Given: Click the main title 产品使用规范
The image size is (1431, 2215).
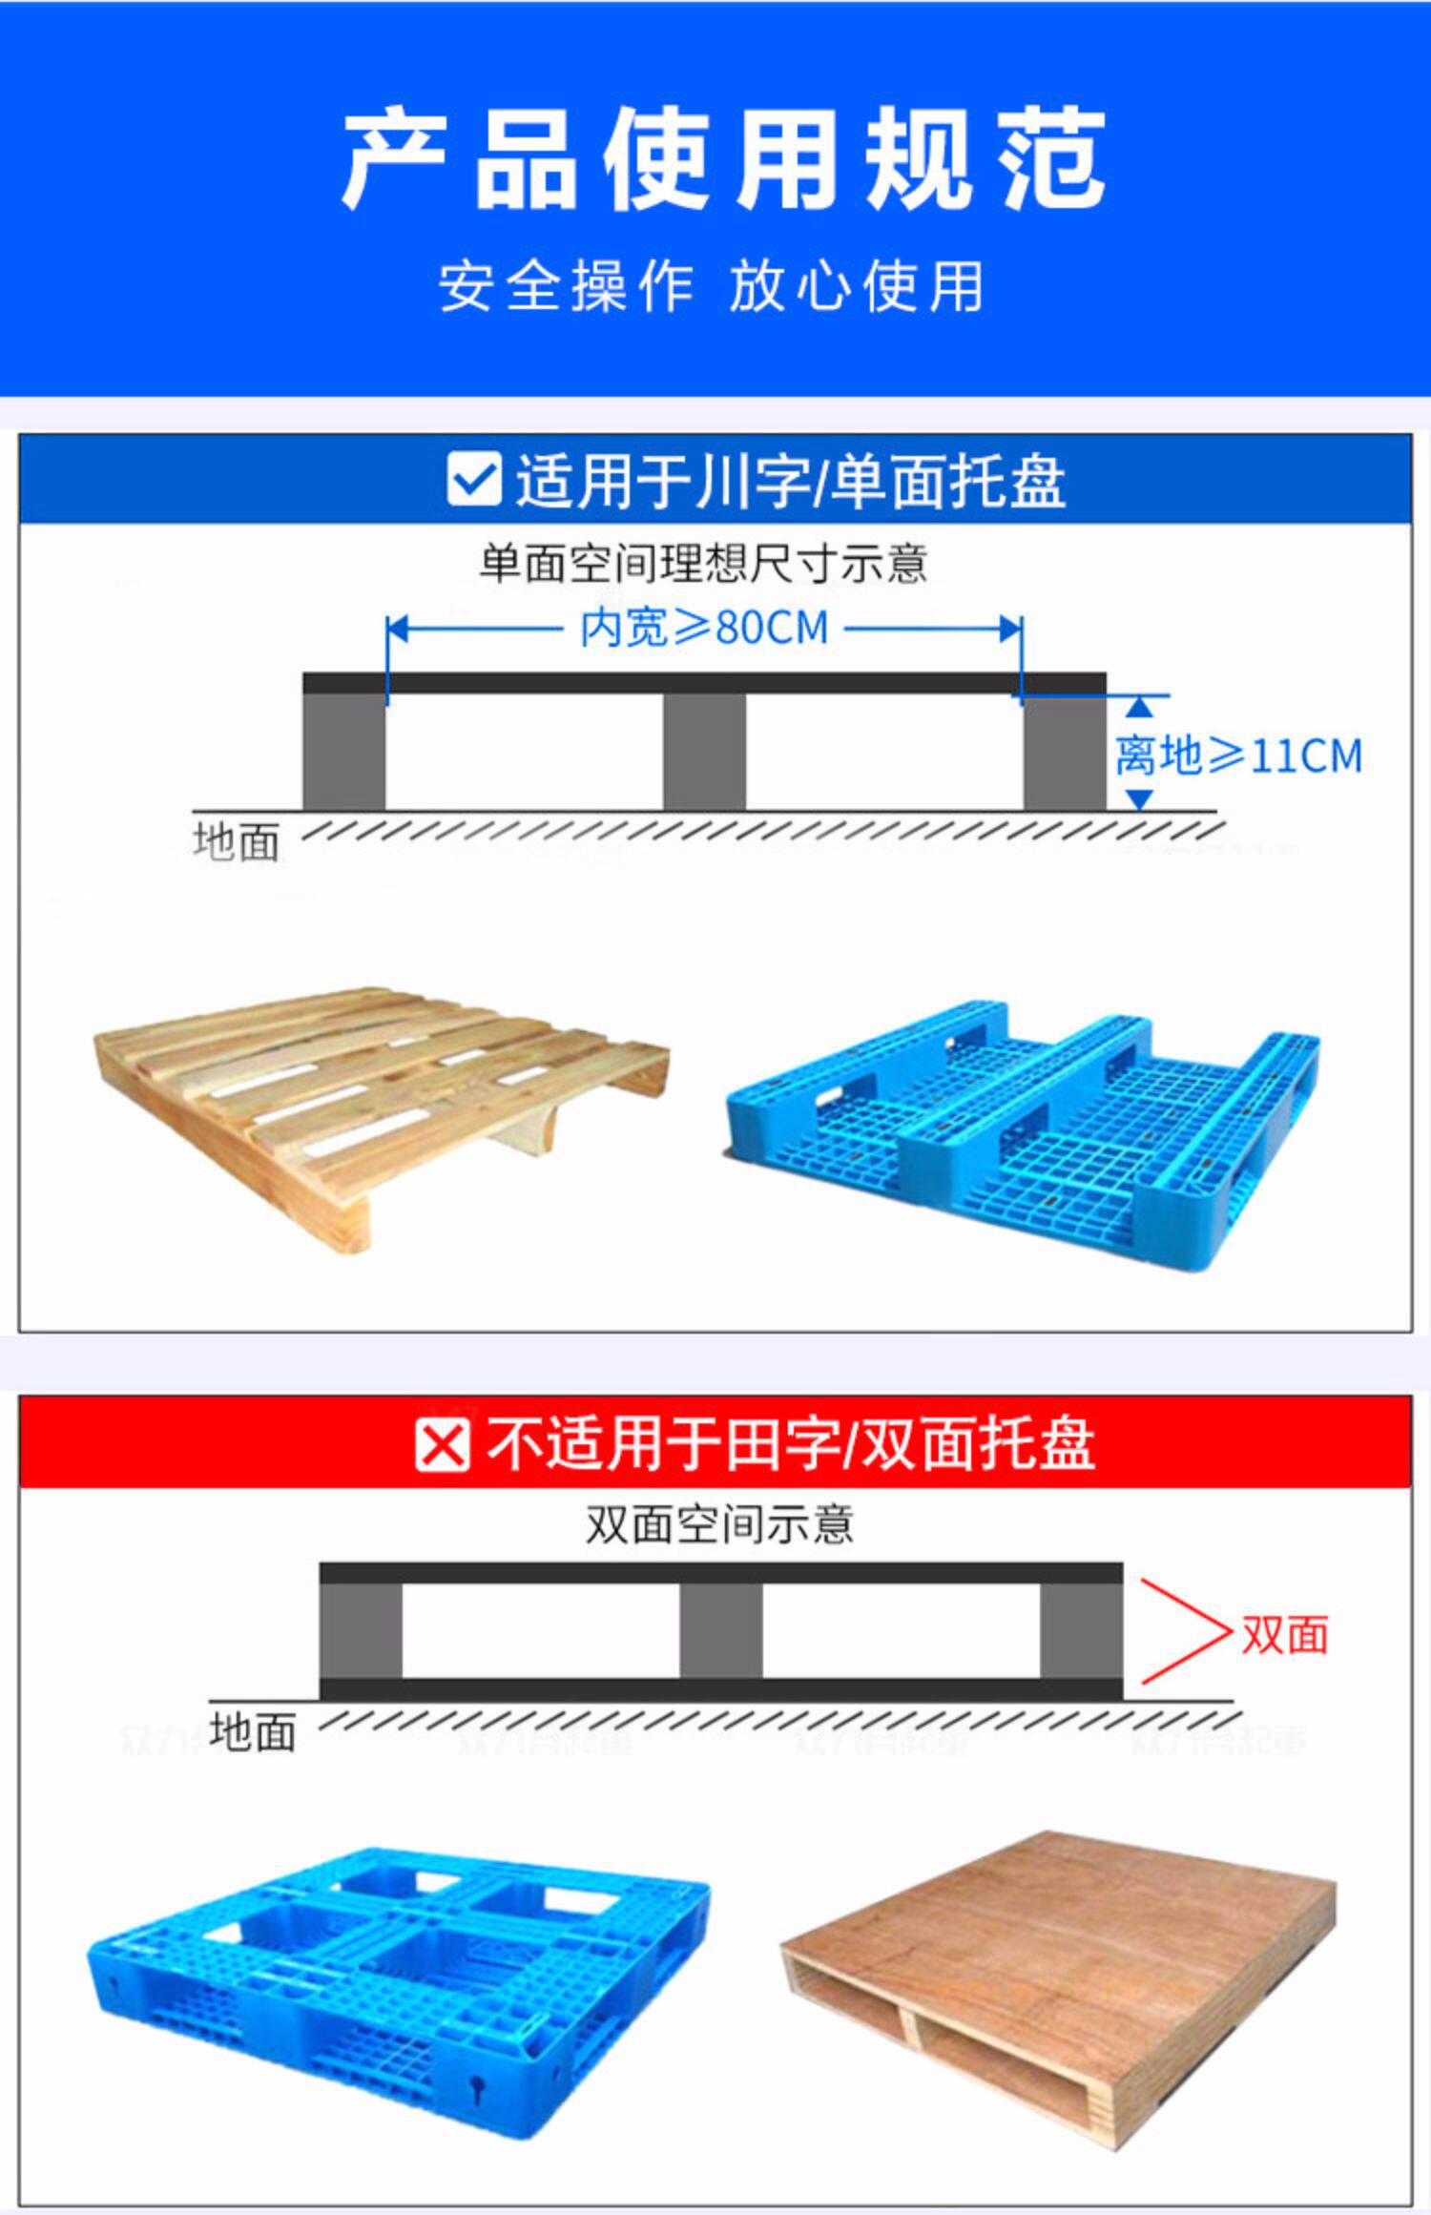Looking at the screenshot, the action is tap(723, 159).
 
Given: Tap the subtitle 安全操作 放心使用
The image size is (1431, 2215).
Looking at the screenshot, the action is tap(712, 285).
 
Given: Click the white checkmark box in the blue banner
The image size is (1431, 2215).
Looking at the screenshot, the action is tap(473, 479).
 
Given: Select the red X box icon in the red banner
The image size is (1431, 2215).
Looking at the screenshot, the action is tap(442, 1445).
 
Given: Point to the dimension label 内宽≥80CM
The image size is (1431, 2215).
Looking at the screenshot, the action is tap(704, 629).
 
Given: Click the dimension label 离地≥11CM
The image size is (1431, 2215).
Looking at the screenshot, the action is tap(1238, 756).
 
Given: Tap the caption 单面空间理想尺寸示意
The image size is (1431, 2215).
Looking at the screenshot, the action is tap(703, 564).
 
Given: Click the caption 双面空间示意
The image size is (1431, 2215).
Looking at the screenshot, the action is tap(719, 1524).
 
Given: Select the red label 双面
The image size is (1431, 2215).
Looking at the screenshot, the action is tap(1284, 1635).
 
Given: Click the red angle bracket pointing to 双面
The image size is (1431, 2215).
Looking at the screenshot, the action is tap(1183, 1632).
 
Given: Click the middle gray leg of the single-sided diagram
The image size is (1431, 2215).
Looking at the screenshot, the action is tap(704, 752).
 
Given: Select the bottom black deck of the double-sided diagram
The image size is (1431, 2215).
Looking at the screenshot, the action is tap(720, 1689).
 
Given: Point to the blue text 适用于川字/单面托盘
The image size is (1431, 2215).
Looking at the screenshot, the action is tap(790, 481).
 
